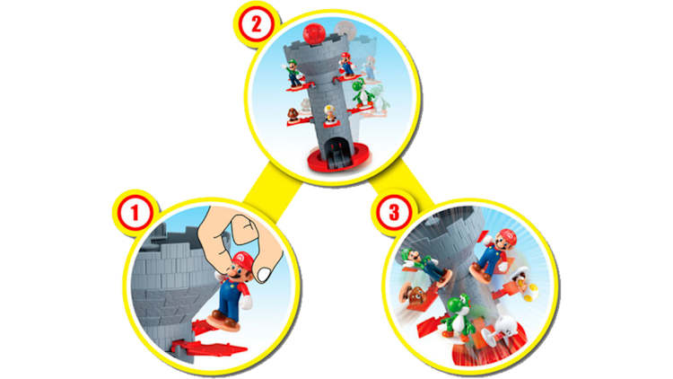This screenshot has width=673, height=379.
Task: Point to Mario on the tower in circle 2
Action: (x=345, y=65)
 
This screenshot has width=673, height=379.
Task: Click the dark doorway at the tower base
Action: (x=332, y=151)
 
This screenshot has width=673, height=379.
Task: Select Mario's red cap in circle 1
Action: (x=238, y=260)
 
